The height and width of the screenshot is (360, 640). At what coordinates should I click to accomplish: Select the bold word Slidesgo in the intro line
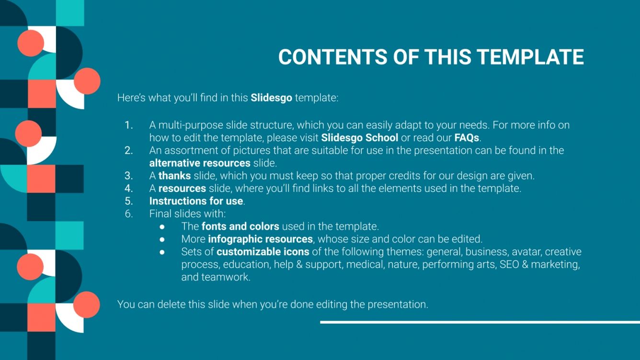coord(271,98)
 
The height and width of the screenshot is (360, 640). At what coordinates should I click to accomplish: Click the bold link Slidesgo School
coord(359,138)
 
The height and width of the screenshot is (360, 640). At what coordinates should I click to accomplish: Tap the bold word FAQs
coord(467,138)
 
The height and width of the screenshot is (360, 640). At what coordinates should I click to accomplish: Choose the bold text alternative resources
coord(200,163)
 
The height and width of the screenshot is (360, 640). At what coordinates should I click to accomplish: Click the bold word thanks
coord(174,176)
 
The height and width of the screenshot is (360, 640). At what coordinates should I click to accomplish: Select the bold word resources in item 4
coord(182,188)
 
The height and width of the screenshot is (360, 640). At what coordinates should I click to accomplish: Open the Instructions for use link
coord(196,201)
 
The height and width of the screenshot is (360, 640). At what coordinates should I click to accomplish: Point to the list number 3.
coord(128,176)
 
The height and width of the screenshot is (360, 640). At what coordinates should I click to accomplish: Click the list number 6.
coord(128,214)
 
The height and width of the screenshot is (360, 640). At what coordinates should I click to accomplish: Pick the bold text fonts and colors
coord(240,226)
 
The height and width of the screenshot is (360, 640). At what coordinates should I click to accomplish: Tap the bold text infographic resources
coord(260,238)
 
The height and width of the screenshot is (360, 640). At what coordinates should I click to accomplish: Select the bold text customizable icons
coord(263,251)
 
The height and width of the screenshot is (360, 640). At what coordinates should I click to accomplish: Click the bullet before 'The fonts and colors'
coord(162,226)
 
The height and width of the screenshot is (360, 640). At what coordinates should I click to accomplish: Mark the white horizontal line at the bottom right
coord(480,322)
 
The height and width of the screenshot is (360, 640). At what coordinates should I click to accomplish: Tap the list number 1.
coord(128,125)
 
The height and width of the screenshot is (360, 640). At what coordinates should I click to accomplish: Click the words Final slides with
coord(187,214)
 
